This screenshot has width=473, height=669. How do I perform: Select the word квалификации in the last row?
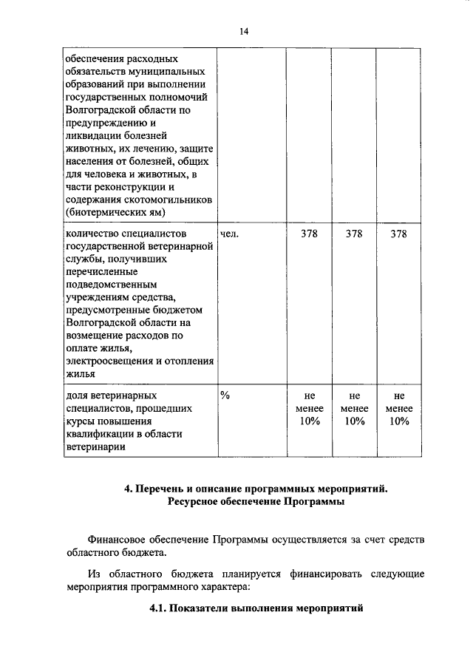[x=97, y=434]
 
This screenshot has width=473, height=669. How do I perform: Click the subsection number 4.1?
[x=158, y=608]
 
